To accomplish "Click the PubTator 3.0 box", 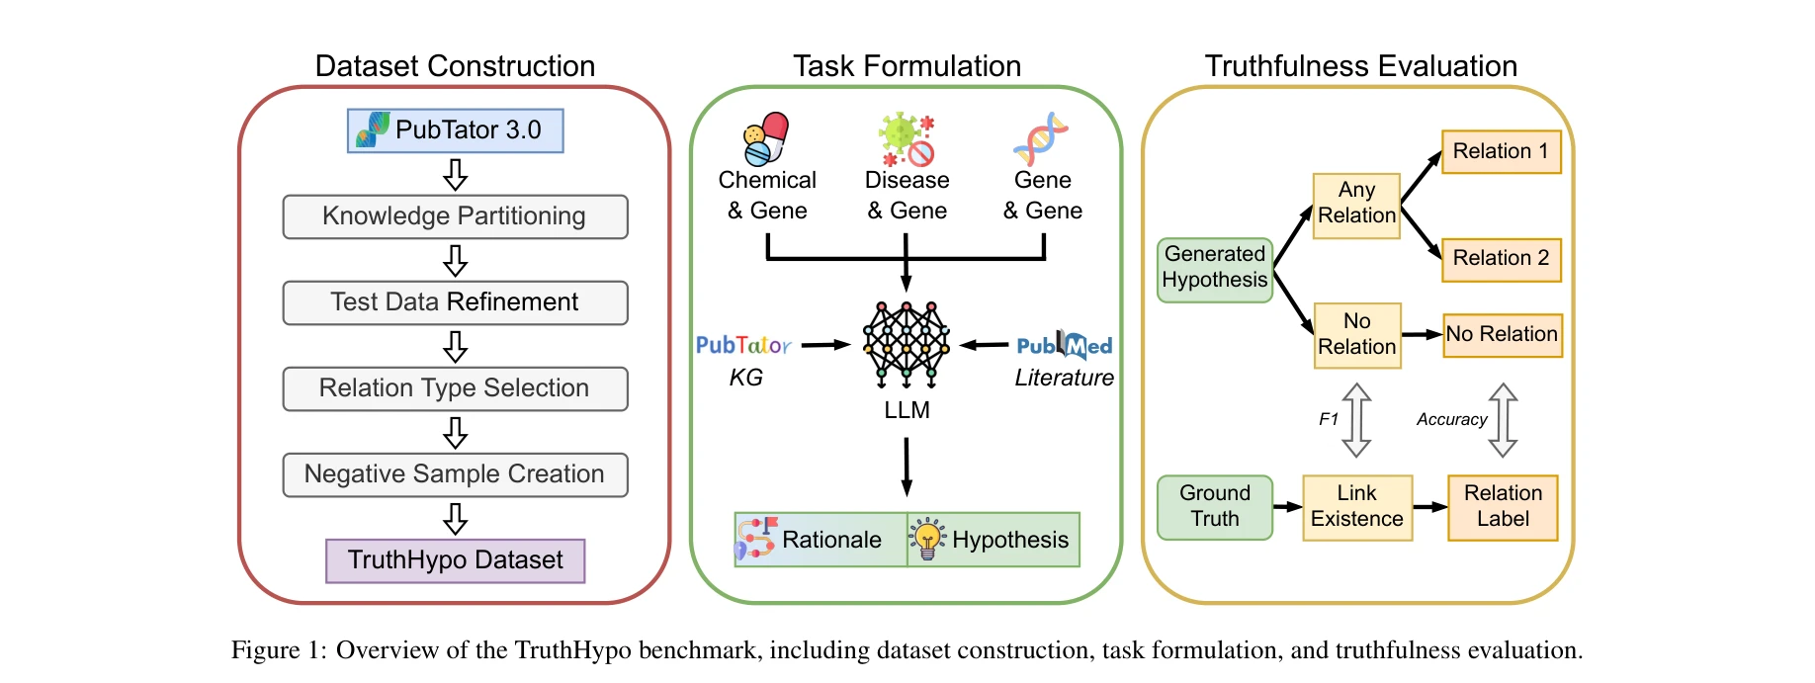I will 456,130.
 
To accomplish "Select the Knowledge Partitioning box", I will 455,216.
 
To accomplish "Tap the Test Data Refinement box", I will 455,302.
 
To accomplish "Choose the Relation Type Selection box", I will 455,388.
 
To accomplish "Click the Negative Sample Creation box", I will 455,474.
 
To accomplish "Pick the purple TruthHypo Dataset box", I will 456,560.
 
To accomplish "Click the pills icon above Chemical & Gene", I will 766,138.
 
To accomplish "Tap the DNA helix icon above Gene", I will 1041,139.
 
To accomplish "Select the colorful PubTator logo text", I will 743,345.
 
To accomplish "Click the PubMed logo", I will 1065,345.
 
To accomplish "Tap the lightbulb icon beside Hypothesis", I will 927,539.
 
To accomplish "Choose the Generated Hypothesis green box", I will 1215,268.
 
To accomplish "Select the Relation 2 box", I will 1501,259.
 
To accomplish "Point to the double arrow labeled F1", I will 1356,420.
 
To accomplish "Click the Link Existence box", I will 1356,507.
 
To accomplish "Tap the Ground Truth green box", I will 1215,507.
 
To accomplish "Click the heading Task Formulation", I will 907,66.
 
